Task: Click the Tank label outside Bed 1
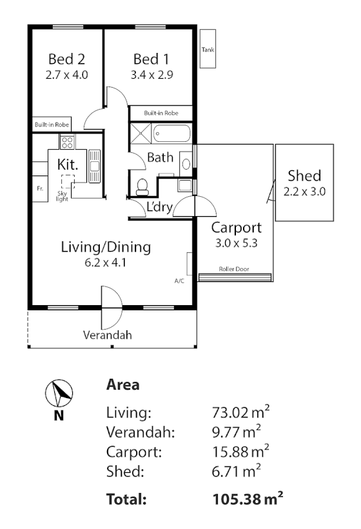pos(208,49)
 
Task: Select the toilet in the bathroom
pos(142,187)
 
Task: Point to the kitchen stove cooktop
pos(66,141)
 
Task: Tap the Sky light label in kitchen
pos(63,195)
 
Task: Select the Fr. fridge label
pos(39,189)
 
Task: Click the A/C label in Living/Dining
pos(179,281)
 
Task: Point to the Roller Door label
pos(234,270)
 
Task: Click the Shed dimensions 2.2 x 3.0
pos(304,191)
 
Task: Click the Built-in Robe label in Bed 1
pos(161,113)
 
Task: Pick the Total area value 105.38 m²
pos(248,499)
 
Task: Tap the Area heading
pos(122,385)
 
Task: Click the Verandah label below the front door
pos(107,335)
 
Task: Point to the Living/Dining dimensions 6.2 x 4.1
pos(106,263)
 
